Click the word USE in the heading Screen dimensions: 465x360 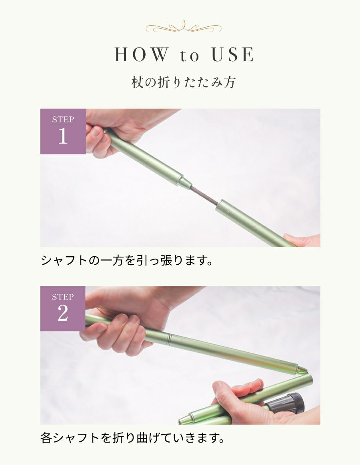232,55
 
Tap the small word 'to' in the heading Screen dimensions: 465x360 189,56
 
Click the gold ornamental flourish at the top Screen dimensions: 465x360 183,28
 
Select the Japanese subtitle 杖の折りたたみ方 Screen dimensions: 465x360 184,82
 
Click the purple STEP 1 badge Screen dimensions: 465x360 63,131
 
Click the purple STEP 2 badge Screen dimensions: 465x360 63,308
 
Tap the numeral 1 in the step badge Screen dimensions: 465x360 63,137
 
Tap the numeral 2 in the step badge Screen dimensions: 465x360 63,314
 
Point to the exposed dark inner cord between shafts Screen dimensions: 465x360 204,195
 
